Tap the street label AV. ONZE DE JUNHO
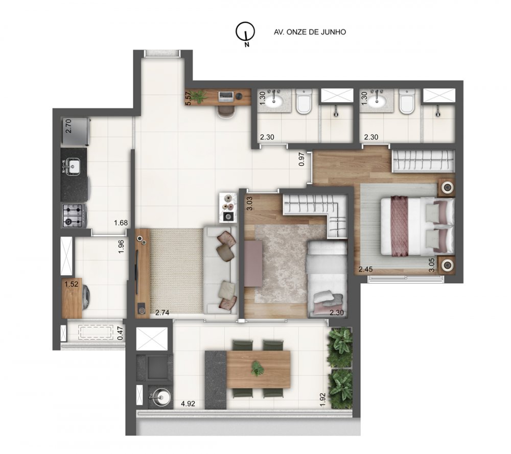(x=310, y=32)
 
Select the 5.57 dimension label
(x=188, y=98)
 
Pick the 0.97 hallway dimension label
(x=301, y=160)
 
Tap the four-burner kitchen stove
(x=73, y=216)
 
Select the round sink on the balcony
(x=158, y=396)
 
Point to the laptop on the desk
(x=226, y=95)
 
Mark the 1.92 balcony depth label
(x=322, y=398)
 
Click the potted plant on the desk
(x=199, y=95)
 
